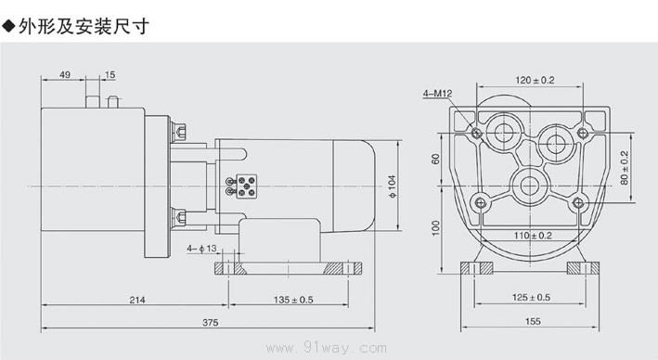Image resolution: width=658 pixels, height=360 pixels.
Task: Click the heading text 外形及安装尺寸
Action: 84,26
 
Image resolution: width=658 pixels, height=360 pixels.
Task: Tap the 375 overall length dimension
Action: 211,322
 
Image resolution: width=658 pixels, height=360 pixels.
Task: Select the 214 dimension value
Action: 137,300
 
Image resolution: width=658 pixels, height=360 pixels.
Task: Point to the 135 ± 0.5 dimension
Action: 293,300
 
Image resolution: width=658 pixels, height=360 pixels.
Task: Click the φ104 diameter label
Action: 392,186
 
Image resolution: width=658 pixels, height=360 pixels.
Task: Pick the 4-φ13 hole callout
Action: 201,249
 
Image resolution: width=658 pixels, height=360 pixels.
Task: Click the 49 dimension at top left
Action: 65,74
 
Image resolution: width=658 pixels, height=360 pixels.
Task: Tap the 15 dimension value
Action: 110,74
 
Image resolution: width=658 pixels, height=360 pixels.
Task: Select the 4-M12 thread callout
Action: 438,93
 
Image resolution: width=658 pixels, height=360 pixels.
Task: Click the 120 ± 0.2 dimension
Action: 535,80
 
